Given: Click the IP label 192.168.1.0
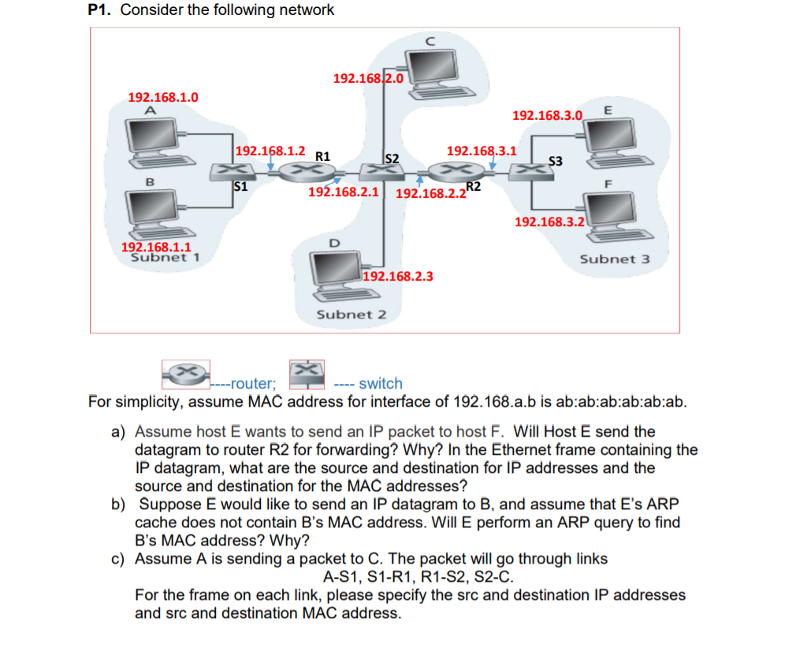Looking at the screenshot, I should [163, 97].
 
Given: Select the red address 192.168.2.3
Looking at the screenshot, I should [398, 277].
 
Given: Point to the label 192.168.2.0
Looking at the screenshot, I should [368, 79].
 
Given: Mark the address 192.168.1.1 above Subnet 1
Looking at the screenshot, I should [156, 246].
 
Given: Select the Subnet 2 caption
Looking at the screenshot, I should [351, 315].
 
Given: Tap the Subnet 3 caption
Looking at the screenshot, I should [615, 259].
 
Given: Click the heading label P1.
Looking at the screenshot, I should [102, 10].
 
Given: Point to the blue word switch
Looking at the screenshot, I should [381, 384].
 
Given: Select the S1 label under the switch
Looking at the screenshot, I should [242, 187].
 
